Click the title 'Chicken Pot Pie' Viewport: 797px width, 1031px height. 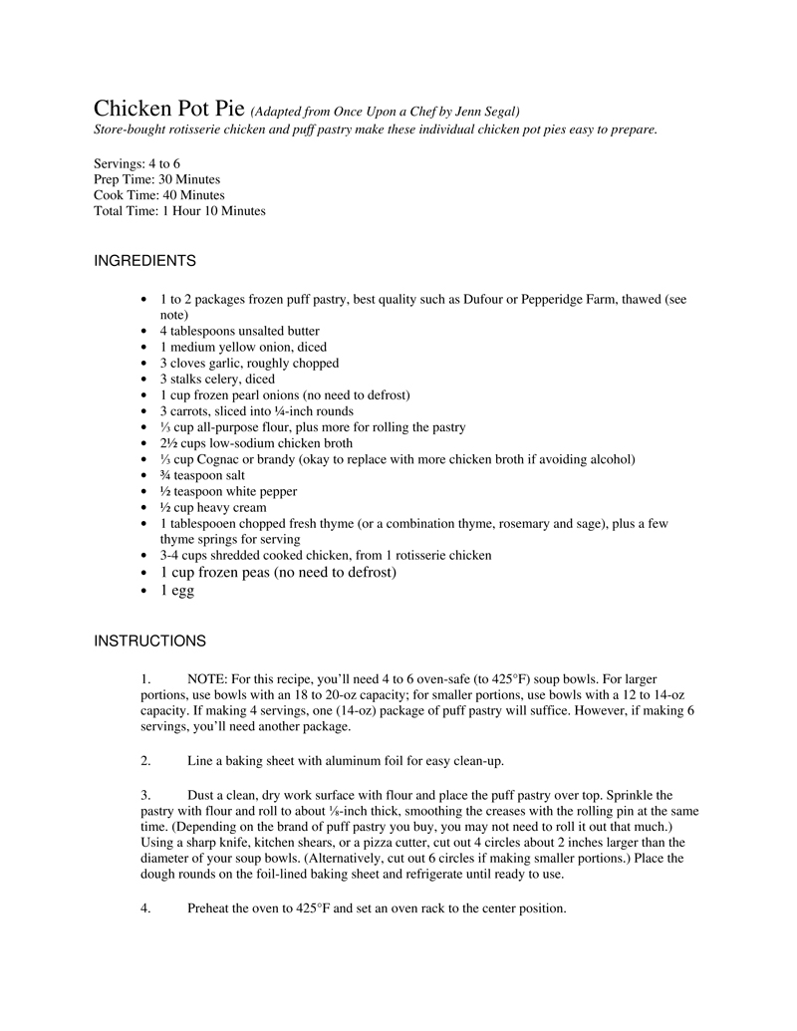click(168, 108)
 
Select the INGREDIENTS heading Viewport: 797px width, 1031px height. click(144, 261)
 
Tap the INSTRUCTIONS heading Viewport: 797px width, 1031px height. click(149, 641)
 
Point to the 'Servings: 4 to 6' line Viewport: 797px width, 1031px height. click(136, 163)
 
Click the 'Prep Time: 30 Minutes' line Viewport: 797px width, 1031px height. click(156, 179)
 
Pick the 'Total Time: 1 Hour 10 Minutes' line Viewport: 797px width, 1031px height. click(179, 211)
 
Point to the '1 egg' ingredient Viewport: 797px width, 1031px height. click(177, 591)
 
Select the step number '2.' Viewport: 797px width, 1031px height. click(145, 762)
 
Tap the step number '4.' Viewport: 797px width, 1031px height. click(145, 908)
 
